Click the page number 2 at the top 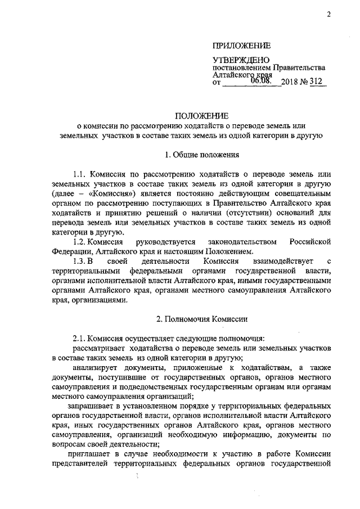pos(327,15)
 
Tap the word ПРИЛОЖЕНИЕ pos(241,46)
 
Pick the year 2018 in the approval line pos(291,83)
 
